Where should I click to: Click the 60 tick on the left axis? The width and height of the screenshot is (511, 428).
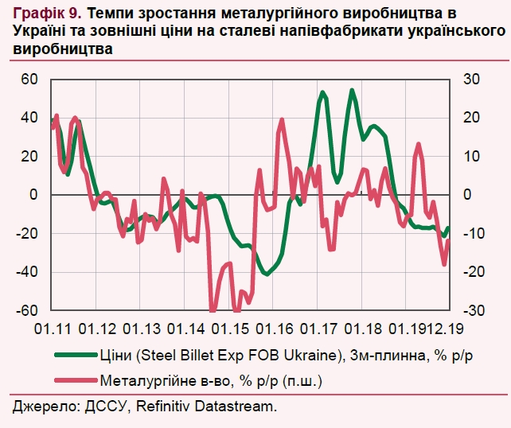(x=29, y=79)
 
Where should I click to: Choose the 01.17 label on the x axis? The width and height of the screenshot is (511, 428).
(x=322, y=328)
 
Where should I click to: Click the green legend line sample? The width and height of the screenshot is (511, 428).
(x=76, y=356)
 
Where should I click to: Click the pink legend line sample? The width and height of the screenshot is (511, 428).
(x=76, y=380)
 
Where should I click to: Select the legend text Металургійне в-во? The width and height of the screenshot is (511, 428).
(x=166, y=380)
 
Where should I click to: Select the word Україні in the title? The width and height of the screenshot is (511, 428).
(x=39, y=31)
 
